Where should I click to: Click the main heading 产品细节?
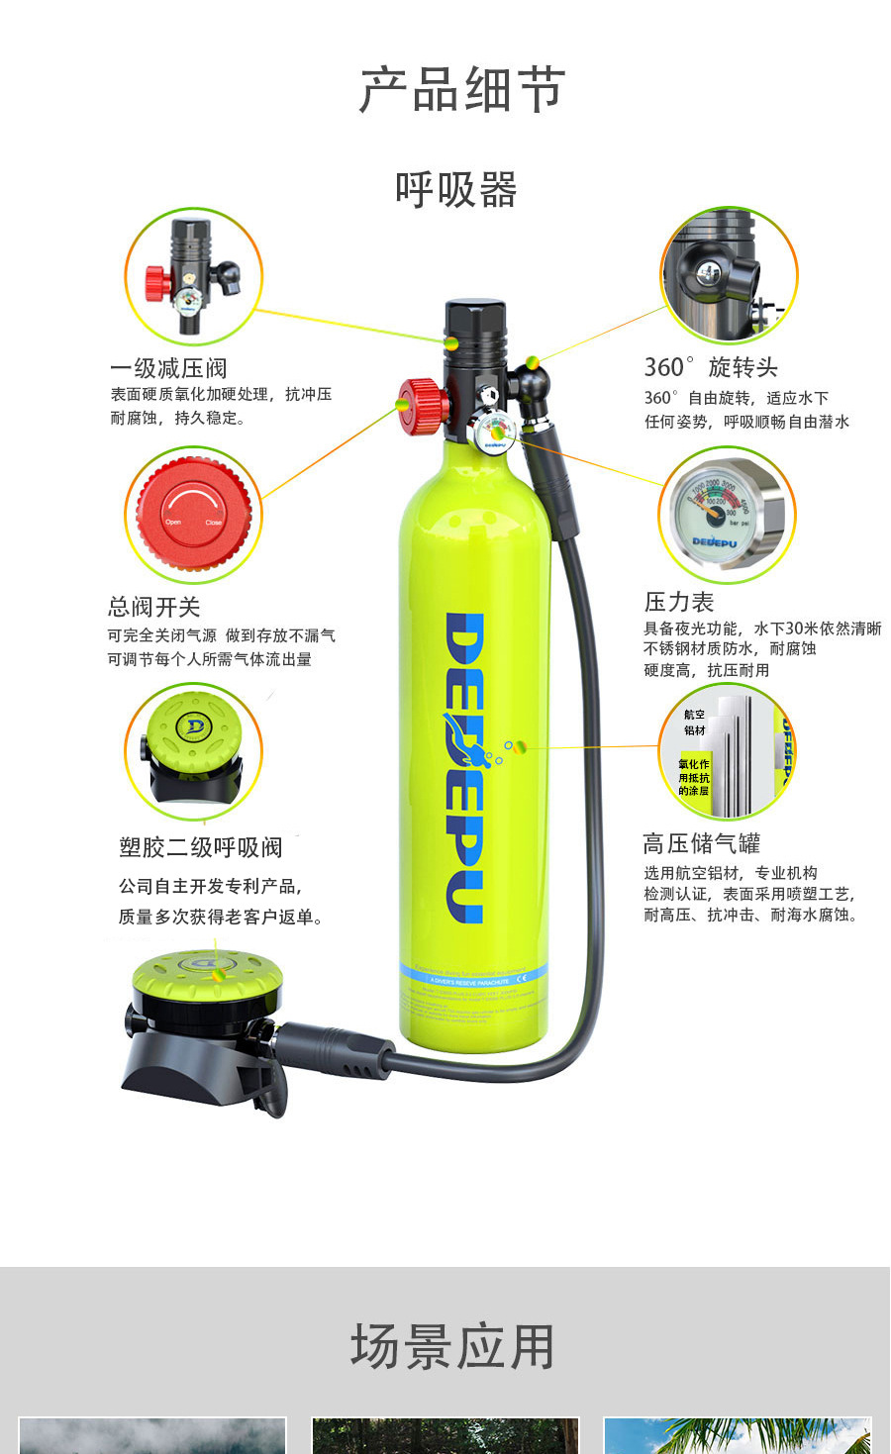point(461,90)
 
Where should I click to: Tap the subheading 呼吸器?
point(455,190)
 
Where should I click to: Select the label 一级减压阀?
point(168,368)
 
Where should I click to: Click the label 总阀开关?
point(153,607)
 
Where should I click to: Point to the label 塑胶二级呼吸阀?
point(200,847)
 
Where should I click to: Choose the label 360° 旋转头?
point(711,367)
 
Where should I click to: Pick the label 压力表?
point(678,602)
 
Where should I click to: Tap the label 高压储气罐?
point(701,843)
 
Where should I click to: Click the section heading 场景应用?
point(452,1347)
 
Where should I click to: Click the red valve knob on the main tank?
point(420,405)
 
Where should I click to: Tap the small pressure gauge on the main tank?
point(493,433)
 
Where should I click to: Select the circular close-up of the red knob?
point(193,515)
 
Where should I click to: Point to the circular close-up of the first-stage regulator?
point(193,276)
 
